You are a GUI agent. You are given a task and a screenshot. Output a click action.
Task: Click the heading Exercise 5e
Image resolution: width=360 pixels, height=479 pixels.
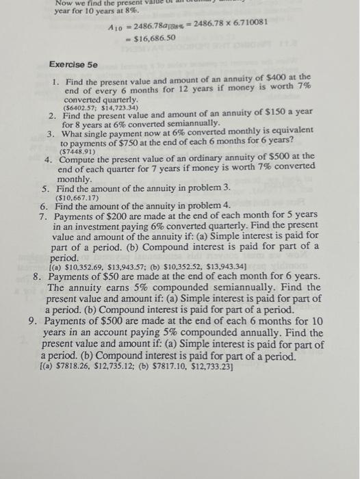[73, 64]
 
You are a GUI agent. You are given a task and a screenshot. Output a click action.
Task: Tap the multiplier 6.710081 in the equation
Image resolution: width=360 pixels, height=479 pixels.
[243, 23]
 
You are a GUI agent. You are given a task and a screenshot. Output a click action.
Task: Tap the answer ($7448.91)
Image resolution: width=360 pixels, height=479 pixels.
[83, 152]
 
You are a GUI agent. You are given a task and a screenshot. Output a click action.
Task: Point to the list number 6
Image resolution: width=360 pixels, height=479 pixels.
[43, 205]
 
